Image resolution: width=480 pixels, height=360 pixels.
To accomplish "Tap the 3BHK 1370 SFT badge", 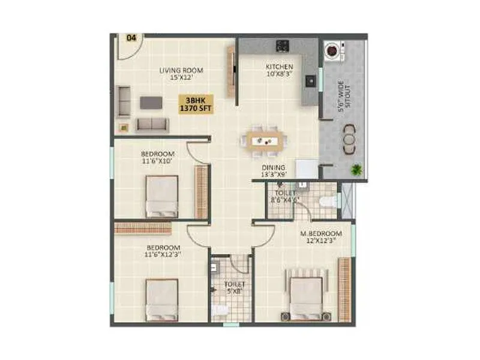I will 197,104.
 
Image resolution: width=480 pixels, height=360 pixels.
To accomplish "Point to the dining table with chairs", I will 263,140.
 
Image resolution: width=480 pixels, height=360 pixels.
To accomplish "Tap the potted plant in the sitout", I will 358,170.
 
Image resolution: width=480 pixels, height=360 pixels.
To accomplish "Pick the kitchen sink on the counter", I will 310,80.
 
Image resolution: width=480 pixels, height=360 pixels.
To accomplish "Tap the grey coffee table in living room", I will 151,103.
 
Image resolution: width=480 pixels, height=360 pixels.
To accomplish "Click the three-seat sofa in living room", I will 152,124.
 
